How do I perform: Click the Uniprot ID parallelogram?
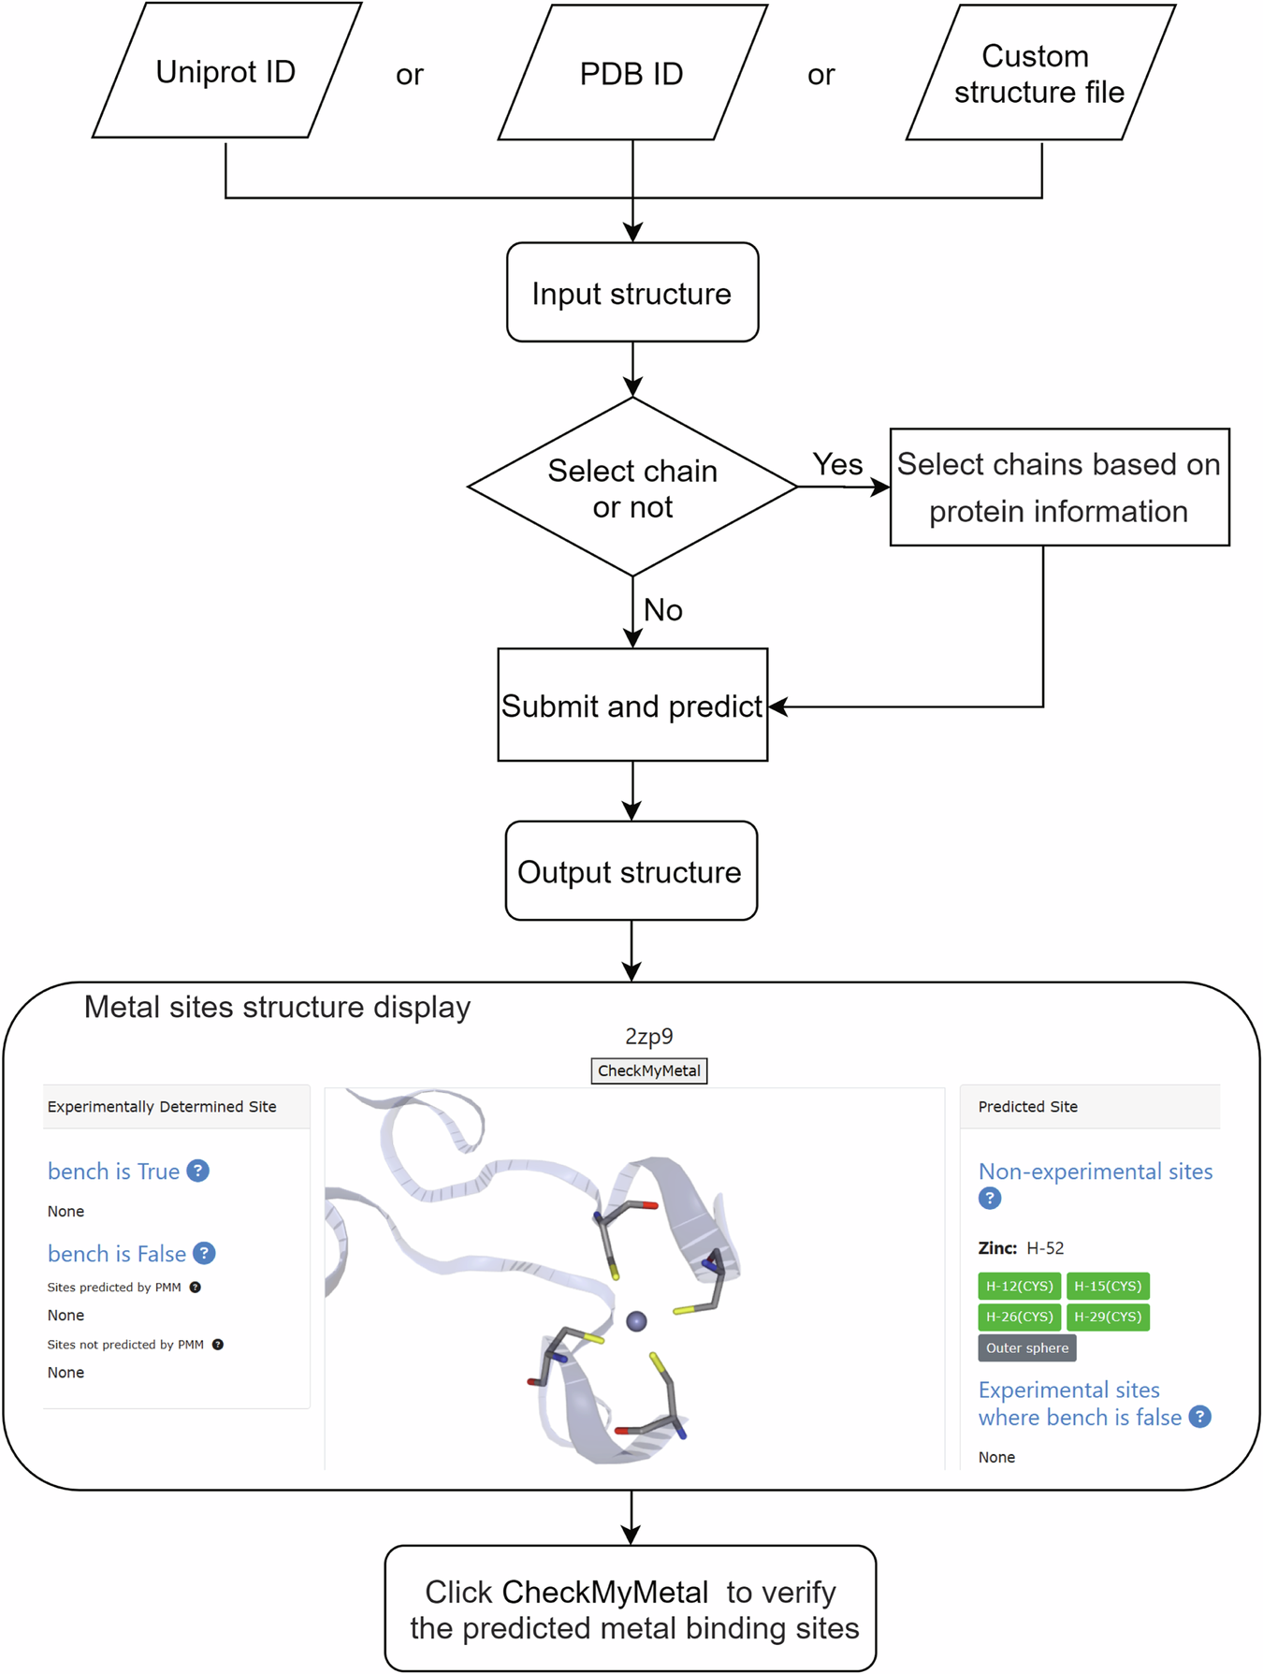click(x=225, y=72)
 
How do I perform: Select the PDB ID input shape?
click(x=631, y=74)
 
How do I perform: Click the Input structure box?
click(x=631, y=293)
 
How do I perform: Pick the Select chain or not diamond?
click(x=631, y=488)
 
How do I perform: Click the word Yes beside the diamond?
click(x=837, y=464)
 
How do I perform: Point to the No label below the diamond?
click(x=662, y=610)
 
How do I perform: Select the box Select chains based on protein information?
click(x=1058, y=488)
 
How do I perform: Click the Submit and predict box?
click(x=631, y=706)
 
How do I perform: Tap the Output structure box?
click(x=630, y=871)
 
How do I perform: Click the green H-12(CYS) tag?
click(x=1019, y=1286)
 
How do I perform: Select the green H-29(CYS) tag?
click(x=1108, y=1317)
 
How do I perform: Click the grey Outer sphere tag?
click(x=1026, y=1347)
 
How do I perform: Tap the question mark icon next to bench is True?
click(x=197, y=1171)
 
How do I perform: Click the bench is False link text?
click(x=117, y=1253)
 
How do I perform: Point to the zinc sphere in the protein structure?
click(x=636, y=1320)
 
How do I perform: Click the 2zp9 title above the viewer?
click(x=648, y=1036)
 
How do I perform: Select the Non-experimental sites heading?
click(x=1095, y=1172)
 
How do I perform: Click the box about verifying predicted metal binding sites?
click(x=631, y=1609)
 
